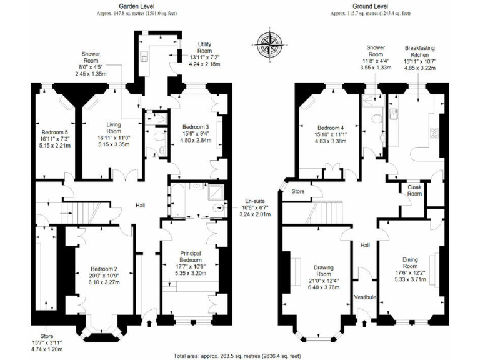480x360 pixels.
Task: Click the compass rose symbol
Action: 267,46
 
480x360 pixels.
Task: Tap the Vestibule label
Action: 365,297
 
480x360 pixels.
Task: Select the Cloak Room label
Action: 414,190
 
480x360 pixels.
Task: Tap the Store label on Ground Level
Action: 297,191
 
